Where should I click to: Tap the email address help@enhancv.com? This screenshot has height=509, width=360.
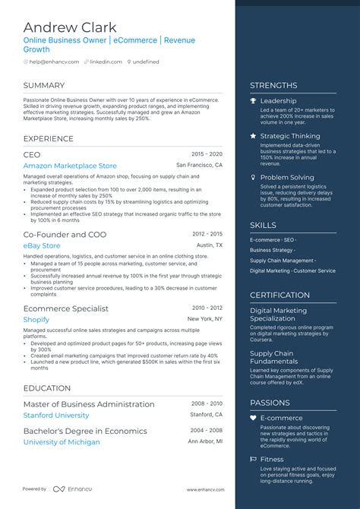(53, 62)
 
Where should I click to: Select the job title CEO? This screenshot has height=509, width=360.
(32, 154)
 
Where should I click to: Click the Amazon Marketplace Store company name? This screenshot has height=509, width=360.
(70, 166)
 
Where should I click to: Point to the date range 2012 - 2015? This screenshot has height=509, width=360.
(207, 235)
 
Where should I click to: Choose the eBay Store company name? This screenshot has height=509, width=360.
(41, 246)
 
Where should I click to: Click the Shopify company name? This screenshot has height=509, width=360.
(36, 320)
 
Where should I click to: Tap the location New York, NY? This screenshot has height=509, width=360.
(205, 319)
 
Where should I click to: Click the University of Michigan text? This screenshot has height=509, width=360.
(62, 442)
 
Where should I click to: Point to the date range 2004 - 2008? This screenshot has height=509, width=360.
(207, 431)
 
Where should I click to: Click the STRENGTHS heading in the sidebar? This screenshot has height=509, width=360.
(273, 85)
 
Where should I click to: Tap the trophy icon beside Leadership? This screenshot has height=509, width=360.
(253, 101)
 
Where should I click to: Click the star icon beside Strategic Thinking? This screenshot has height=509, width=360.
(253, 137)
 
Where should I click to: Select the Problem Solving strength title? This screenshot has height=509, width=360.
(286, 177)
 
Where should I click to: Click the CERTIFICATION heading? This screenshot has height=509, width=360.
(279, 295)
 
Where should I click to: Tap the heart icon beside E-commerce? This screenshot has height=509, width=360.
(253, 418)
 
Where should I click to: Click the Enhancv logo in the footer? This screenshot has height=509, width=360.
(68, 489)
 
